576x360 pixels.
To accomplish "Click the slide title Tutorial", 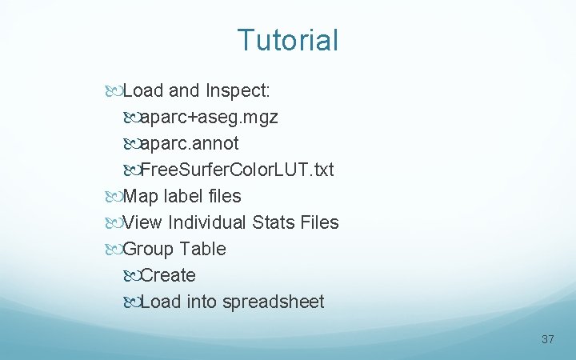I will pos(288,40).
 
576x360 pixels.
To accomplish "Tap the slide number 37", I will pos(547,339).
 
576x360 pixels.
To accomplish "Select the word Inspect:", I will pos(242,91).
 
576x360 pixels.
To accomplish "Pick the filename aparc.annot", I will pos(190,144).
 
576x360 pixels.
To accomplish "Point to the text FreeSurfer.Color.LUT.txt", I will pos(237,170).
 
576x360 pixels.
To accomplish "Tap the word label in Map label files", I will pos(182,197).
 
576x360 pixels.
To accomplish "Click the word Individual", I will pos(209,223).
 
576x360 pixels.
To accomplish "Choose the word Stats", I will pos(273,223).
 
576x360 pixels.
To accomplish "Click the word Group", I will pos(149,250).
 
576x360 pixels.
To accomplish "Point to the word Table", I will pos(203,250).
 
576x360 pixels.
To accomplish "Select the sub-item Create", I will pos(168,276).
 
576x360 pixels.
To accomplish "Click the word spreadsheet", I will pos(274,302).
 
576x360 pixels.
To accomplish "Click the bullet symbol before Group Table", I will pos(114,250).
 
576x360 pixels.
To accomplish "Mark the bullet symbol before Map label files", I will pos(114,197).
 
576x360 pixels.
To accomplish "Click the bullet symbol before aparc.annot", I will pos(131,144).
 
